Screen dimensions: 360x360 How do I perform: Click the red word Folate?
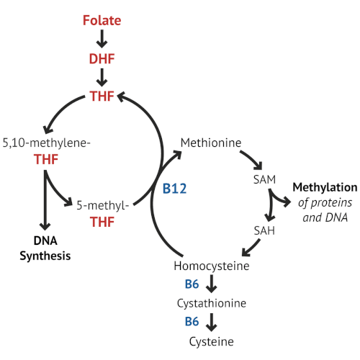coord(102,20)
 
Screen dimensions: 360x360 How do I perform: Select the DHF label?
coord(102,59)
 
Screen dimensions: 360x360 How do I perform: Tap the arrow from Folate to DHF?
coord(102,39)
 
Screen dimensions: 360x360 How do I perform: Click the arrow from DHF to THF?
coord(102,77)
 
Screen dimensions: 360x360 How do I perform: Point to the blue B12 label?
coord(174,189)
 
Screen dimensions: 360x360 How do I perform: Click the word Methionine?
coord(211,143)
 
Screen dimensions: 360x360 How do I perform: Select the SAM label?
coord(264,179)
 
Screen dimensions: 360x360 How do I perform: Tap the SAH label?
coord(264,230)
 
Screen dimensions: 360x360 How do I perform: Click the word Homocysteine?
coord(212,266)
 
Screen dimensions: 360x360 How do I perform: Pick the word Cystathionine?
coord(212,303)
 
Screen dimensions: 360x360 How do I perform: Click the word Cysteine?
coord(211,342)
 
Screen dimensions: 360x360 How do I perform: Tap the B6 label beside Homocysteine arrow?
coord(192,284)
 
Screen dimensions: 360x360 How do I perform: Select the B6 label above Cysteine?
coord(192,322)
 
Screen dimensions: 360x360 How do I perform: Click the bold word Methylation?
coord(325,187)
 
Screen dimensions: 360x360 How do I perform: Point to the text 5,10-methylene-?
coord(46,143)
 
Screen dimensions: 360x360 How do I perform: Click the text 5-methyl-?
coord(103,206)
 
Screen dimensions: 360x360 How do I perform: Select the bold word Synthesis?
coord(45,256)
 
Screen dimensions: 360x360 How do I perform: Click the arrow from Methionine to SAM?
coord(253,158)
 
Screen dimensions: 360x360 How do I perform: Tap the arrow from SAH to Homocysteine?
coord(251,248)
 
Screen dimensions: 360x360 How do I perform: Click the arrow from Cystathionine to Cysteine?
coord(212,323)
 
